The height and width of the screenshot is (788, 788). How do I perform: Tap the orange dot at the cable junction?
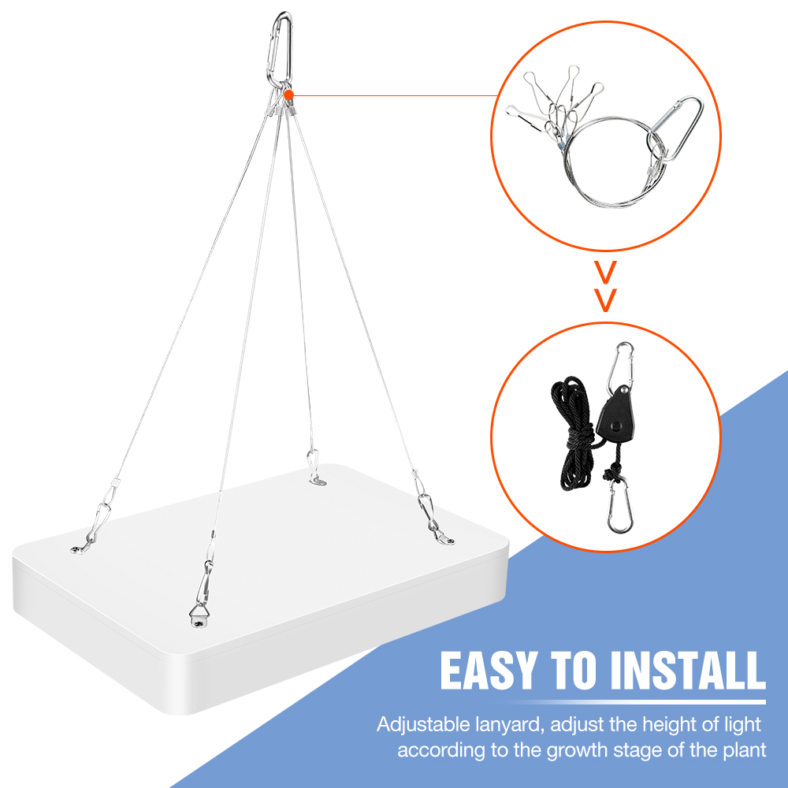(288, 95)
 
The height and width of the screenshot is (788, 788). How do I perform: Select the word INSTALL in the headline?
(687, 671)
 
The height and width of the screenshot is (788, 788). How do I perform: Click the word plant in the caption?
(745, 750)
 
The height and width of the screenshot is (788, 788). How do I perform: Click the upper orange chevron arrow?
(605, 272)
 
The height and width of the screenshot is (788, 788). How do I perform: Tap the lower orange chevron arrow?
(605, 300)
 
